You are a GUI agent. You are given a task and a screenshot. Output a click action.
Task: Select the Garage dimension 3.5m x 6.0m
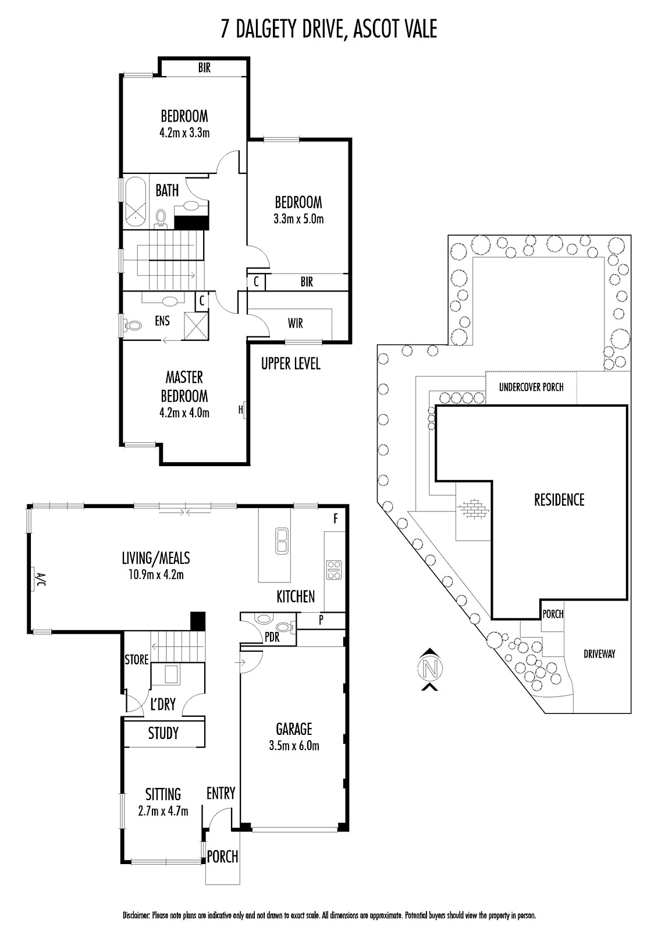tap(294, 745)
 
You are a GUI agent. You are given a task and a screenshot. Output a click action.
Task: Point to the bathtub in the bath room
tap(134, 202)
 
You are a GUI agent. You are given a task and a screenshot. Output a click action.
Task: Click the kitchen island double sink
tap(282, 541)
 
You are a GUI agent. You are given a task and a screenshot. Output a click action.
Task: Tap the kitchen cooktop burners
tap(334, 570)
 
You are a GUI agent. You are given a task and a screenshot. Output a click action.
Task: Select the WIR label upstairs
tap(295, 323)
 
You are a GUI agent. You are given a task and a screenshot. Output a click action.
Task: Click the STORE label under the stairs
tap(137, 660)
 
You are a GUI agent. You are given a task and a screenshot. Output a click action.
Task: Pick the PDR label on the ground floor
tap(272, 637)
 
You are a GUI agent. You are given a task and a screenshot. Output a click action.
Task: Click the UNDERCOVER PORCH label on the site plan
tap(531, 388)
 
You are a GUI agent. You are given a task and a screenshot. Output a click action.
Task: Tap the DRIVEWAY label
tap(599, 654)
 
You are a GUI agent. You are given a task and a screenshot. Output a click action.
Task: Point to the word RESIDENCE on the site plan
tap(559, 500)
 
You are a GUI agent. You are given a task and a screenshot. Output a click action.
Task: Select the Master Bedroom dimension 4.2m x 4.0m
tap(184, 413)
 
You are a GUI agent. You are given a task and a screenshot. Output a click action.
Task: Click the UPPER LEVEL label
tap(290, 364)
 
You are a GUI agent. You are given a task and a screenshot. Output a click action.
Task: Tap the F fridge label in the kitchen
tap(336, 518)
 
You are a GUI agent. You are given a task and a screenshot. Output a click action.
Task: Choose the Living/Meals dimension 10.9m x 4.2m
tap(157, 575)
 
